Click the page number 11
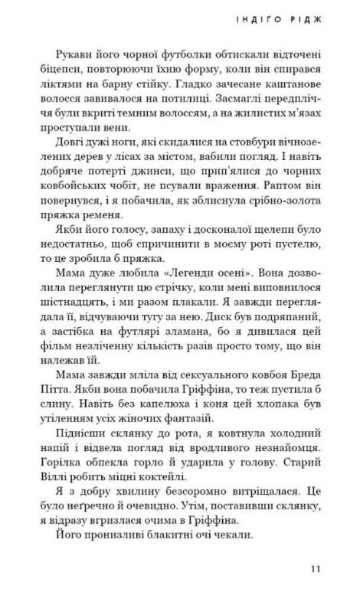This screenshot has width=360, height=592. [x=316, y=567]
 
